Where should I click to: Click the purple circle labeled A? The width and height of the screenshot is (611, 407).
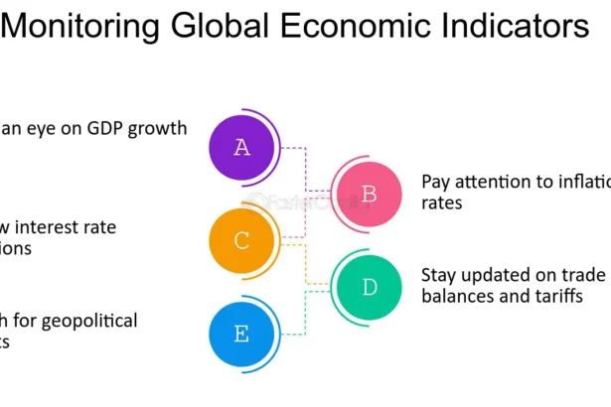pos(241,148)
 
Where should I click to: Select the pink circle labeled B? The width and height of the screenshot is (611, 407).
pos(369,195)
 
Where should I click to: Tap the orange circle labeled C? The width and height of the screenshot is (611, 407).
pos(241,240)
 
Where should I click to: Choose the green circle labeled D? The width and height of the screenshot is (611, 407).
pos(369,288)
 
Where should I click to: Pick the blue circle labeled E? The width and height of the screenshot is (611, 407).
pos(241,334)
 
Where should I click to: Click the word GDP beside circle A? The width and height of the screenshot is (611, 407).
pos(105,128)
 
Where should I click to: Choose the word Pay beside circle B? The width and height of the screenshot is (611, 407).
pos(435,183)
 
